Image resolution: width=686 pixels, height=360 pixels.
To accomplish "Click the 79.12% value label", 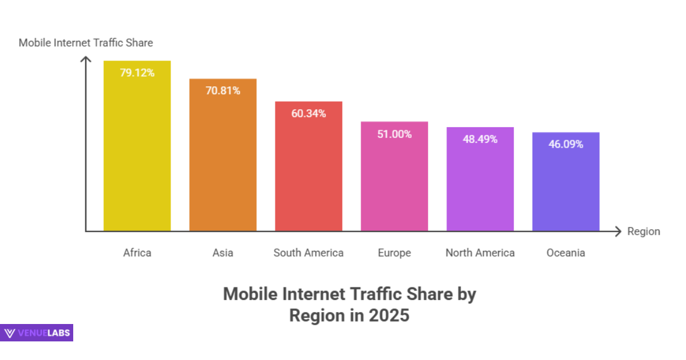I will click(x=137, y=73).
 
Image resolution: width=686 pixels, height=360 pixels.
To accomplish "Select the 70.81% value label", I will click(x=223, y=91).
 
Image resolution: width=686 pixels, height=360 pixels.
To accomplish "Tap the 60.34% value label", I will click(x=308, y=113).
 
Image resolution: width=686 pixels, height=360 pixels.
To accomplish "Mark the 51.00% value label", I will click(x=394, y=134).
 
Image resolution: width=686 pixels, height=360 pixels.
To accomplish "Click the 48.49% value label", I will click(x=480, y=139).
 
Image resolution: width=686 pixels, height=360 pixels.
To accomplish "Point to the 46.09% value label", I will click(x=565, y=144).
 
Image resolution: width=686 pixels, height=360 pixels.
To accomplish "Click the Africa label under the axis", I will click(x=137, y=253).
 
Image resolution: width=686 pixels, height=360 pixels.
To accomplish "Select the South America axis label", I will click(x=308, y=253).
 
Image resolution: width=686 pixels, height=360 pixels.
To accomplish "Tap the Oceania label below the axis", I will click(x=565, y=253).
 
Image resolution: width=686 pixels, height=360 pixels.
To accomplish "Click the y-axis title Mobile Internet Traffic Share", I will click(x=86, y=43).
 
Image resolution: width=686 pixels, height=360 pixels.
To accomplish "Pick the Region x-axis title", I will click(x=643, y=232).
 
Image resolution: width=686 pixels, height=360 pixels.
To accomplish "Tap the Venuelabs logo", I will click(x=37, y=333).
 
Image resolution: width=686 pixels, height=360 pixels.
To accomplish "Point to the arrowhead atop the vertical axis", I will click(x=86, y=59).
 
